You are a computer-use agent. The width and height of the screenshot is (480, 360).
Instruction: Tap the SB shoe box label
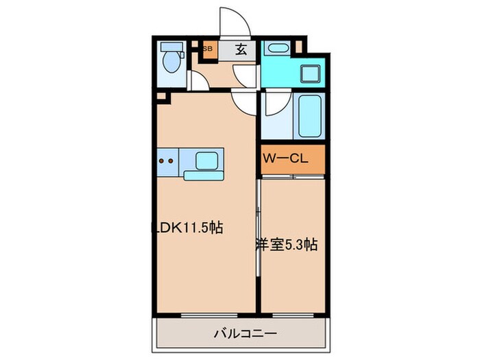(207, 49)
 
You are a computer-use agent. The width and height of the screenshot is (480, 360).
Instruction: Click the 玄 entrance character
(241, 49)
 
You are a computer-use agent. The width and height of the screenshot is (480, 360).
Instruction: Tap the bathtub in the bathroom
(309, 117)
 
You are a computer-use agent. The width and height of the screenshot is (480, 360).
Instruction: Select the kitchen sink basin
(206, 162)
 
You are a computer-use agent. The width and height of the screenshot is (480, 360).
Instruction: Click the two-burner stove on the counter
(167, 163)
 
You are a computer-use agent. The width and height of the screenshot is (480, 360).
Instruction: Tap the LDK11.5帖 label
(187, 228)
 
